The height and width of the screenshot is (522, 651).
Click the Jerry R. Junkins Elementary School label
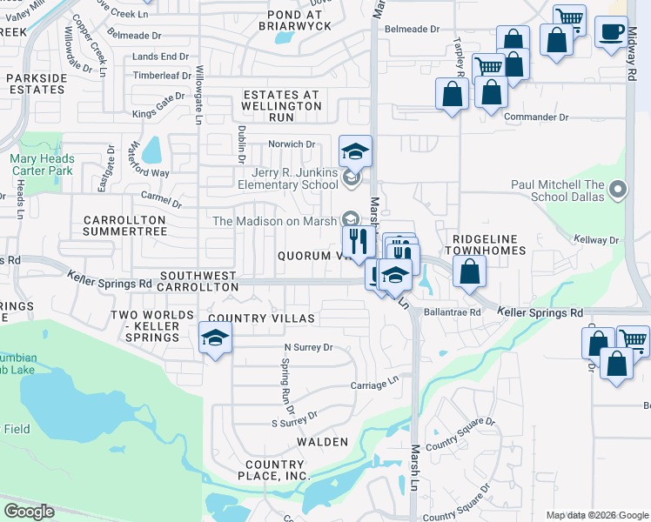pyautogui.click(x=288, y=177)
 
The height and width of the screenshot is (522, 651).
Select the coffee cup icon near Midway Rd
pyautogui.click(x=611, y=34)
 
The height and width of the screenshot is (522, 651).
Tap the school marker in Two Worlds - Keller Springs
pyautogui.click(x=215, y=339)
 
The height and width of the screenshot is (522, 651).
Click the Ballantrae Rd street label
pyautogui.click(x=453, y=311)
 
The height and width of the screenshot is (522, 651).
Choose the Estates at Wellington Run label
pyautogui.click(x=282, y=105)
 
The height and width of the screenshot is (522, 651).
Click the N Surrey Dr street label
pyautogui.click(x=308, y=347)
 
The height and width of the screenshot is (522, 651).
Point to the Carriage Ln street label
pyautogui.click(x=374, y=383)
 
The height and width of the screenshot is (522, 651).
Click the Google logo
pyautogui.click(x=29, y=511)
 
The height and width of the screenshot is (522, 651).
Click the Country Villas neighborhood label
pyautogui.click(x=261, y=318)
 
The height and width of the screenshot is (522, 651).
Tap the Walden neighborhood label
pyautogui.click(x=322, y=442)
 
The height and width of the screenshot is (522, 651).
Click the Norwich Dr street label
pyautogui.click(x=292, y=144)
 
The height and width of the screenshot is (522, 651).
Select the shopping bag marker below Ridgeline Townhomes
pyautogui.click(x=469, y=271)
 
